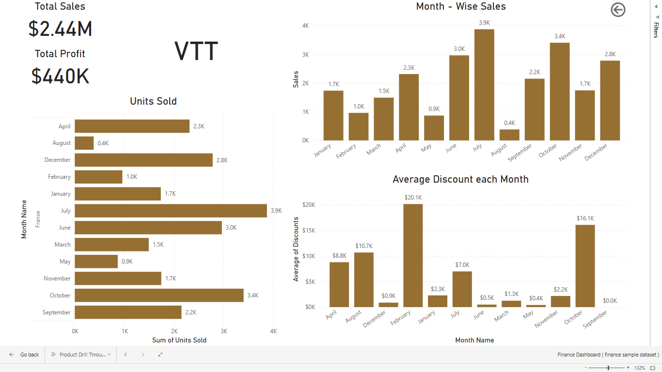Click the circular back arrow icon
[618, 10]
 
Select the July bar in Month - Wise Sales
[484, 85]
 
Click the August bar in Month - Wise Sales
[509, 135]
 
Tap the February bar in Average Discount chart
[413, 255]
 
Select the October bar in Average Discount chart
[585, 265]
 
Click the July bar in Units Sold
[171, 211]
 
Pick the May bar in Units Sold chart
[96, 262]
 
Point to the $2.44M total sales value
[60, 29]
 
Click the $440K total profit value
[60, 76]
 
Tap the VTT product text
[196, 51]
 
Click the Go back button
[24, 355]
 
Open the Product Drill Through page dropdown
[81, 355]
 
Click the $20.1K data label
[413, 198]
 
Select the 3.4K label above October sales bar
[560, 36]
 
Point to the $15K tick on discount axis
[309, 231]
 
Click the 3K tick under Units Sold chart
[223, 331]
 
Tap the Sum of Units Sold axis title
[179, 340]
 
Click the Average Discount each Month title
[460, 179]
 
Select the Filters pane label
[656, 30]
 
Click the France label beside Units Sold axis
[38, 219]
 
